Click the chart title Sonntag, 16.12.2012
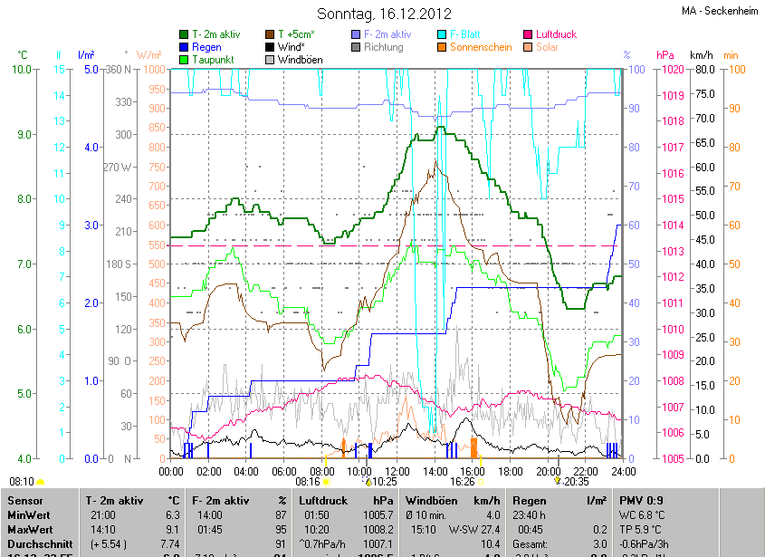(384, 14)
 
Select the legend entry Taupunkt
(212, 60)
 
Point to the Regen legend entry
(206, 47)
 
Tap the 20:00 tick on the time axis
(549, 472)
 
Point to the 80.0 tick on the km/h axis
(706, 69)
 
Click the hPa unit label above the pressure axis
(665, 55)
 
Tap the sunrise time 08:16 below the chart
(296, 483)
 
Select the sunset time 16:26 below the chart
(462, 483)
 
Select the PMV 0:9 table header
(641, 500)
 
